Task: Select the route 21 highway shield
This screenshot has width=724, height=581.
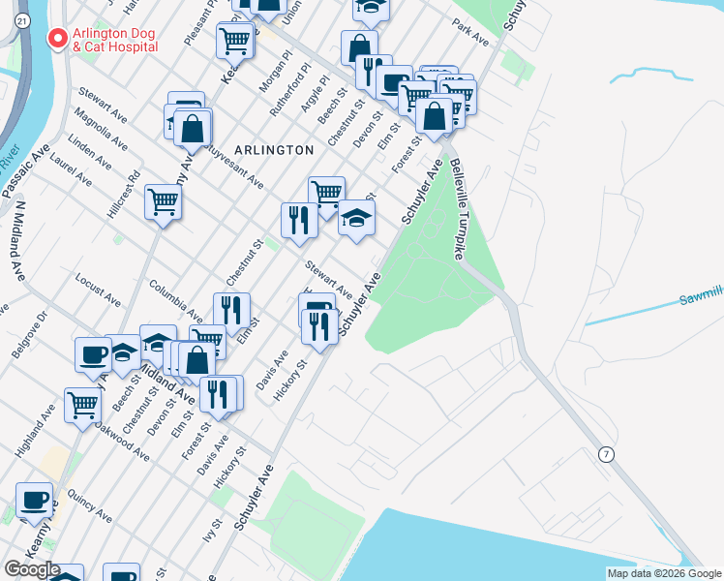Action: click(x=23, y=19)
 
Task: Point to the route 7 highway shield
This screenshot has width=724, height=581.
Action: click(x=606, y=455)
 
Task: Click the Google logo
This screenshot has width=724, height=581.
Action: click(x=32, y=569)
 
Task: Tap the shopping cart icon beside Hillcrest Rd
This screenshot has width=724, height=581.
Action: click(x=163, y=202)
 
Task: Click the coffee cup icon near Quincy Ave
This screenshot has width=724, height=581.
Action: click(x=35, y=501)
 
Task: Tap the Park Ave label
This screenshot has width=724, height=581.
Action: click(x=470, y=33)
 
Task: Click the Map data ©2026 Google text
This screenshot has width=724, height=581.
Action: click(x=663, y=573)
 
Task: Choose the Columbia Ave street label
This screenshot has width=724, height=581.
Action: click(x=176, y=301)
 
